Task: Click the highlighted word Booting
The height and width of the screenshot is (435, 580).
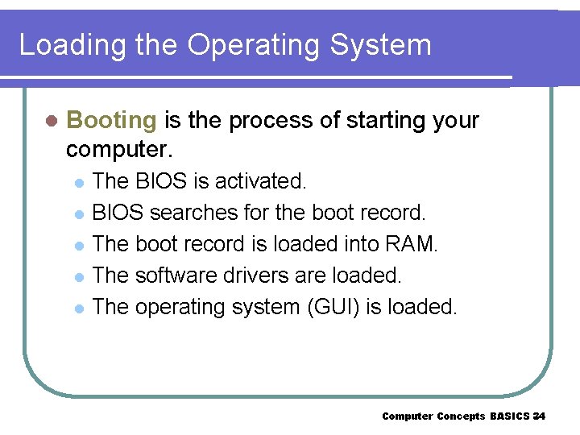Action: [111, 121]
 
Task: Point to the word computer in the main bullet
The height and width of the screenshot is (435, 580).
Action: [121, 150]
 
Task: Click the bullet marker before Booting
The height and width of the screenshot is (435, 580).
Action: [51, 122]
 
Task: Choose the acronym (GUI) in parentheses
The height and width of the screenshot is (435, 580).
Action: [321, 307]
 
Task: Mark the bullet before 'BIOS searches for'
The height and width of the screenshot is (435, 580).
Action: [78, 214]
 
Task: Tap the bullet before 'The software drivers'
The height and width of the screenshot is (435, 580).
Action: [78, 277]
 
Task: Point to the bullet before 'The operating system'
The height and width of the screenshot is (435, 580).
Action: [78, 309]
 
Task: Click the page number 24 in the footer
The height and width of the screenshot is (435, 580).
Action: [539, 416]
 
